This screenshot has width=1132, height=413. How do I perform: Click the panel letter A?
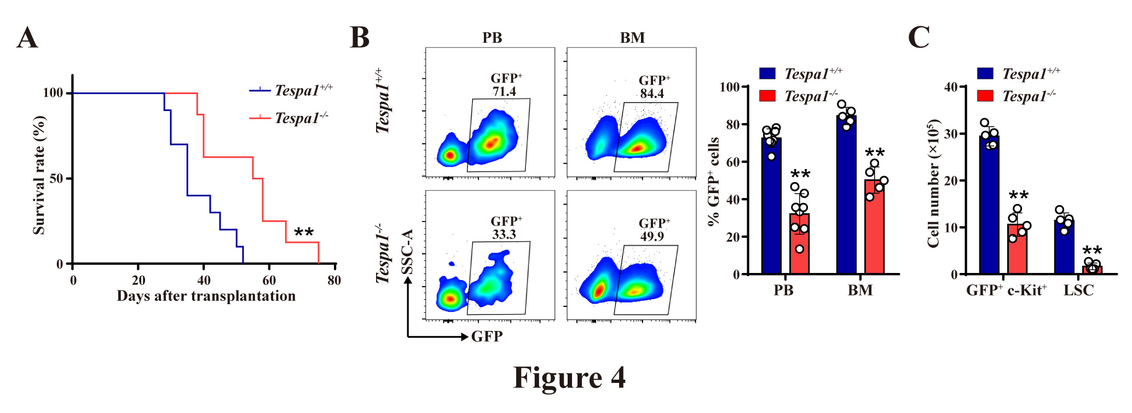[27, 38]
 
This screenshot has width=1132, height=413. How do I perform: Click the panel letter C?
[919, 38]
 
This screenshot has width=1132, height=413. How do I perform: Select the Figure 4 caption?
[569, 377]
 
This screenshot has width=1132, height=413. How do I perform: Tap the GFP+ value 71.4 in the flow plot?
[504, 92]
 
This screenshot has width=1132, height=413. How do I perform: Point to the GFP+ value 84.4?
[652, 94]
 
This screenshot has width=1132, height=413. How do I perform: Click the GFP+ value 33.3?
[504, 235]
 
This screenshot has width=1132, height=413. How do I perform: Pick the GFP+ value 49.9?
[652, 236]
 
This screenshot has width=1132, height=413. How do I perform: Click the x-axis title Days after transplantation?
[206, 296]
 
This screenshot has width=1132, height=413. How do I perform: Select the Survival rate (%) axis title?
[39, 175]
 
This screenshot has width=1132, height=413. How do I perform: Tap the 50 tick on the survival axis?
[56, 179]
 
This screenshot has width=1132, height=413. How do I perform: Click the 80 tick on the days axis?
[334, 281]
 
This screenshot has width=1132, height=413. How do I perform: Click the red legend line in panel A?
[260, 118]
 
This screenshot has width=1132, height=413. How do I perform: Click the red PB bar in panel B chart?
[799, 246]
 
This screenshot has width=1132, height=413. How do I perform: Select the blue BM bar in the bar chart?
[846, 197]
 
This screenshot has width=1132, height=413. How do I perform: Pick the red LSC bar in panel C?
[1092, 270]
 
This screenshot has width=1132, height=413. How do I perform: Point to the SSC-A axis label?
[407, 252]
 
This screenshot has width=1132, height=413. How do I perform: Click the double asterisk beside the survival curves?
[304, 233]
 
